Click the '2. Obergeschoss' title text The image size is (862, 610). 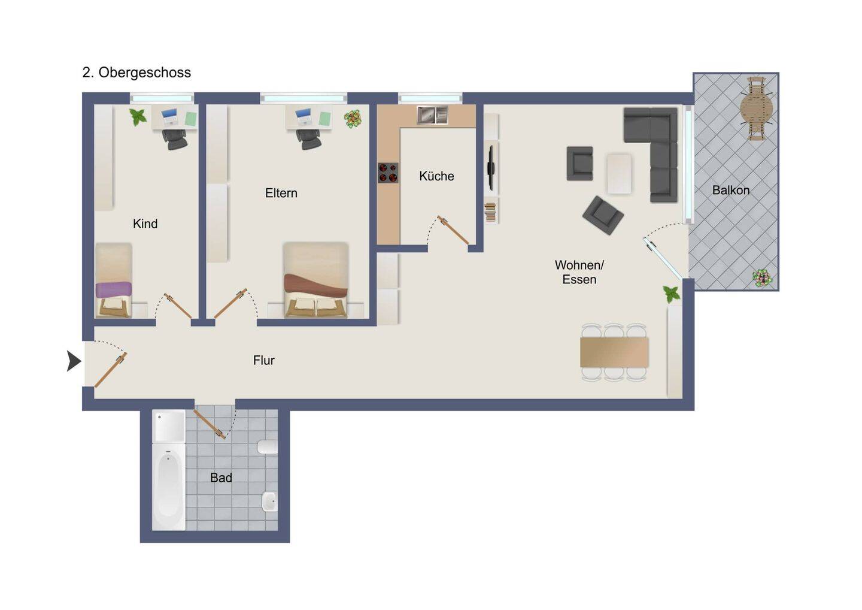pyautogui.click(x=136, y=73)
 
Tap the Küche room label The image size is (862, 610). pyautogui.click(x=436, y=176)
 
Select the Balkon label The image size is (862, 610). pyautogui.click(x=730, y=190)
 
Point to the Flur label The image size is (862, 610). pyautogui.click(x=263, y=360)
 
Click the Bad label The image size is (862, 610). pyautogui.click(x=221, y=478)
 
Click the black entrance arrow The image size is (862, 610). pyautogui.click(x=74, y=361)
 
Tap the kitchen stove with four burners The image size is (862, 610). pyautogui.click(x=388, y=173)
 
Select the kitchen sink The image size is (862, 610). pyautogui.click(x=433, y=115)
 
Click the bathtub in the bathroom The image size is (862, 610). pyautogui.click(x=169, y=487)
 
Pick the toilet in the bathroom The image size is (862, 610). pyautogui.click(x=267, y=447)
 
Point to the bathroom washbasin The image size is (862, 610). pyautogui.click(x=269, y=502)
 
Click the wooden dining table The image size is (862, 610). pyautogui.click(x=614, y=352)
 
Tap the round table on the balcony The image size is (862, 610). pyautogui.click(x=757, y=108)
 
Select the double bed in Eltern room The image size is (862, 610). pyautogui.click(x=316, y=280)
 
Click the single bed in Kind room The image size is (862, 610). pyautogui.click(x=114, y=280)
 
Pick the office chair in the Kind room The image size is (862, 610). pyautogui.click(x=175, y=139)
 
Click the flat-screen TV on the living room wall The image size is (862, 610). pyautogui.click(x=491, y=168)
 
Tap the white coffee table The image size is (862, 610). pyautogui.click(x=619, y=174)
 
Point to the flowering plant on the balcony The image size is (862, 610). pyautogui.click(x=762, y=277)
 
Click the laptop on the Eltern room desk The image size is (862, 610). pyautogui.click(x=303, y=117)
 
